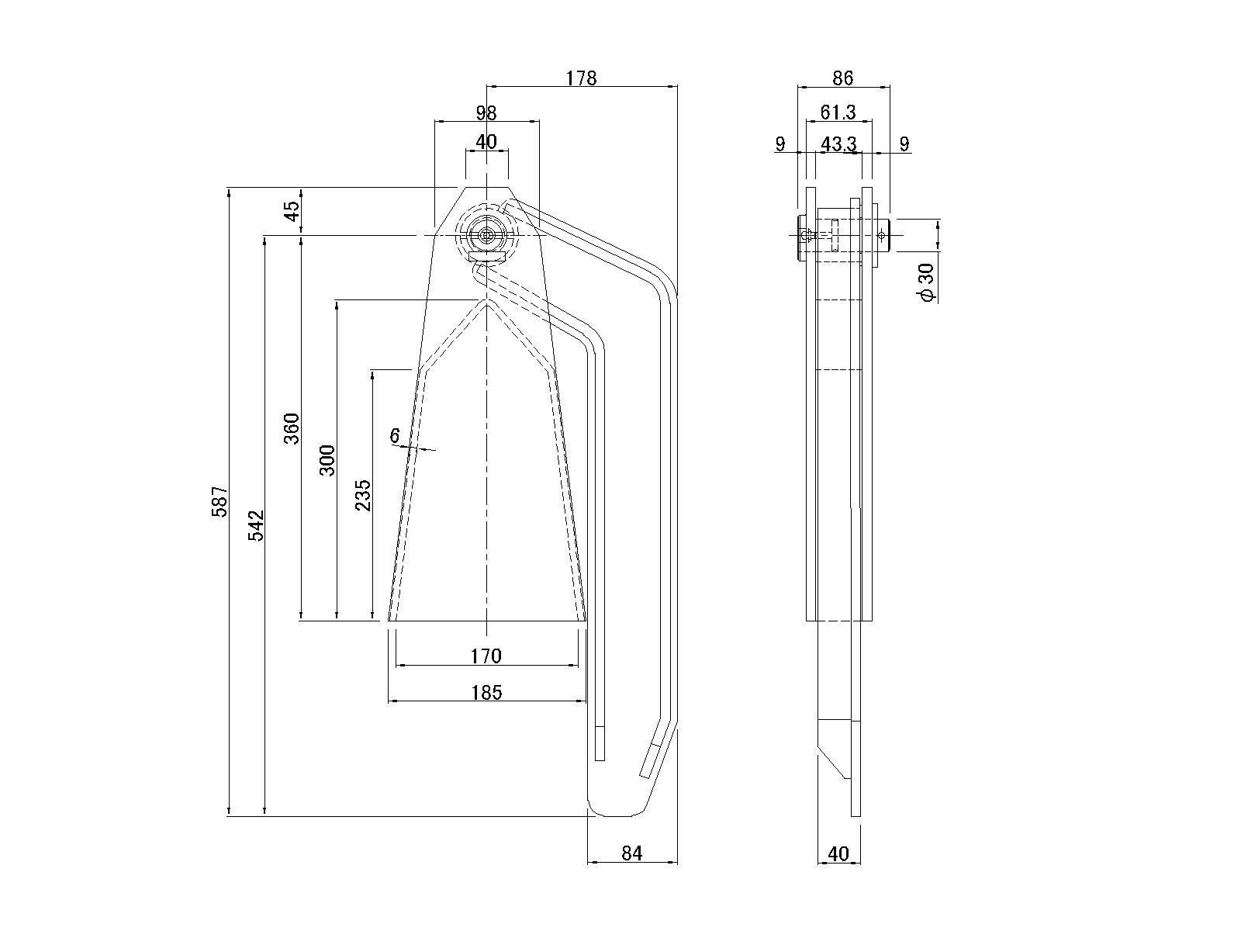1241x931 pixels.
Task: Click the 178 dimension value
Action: click(x=581, y=78)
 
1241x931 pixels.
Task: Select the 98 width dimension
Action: click(x=486, y=113)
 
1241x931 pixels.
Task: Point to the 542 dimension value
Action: click(x=256, y=525)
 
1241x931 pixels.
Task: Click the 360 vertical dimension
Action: click(x=291, y=428)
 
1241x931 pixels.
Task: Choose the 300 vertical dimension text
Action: click(x=327, y=460)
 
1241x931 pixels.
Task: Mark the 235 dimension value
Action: click(x=362, y=496)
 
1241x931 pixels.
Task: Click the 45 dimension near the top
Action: click(x=291, y=211)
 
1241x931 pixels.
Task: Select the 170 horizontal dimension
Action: click(x=486, y=656)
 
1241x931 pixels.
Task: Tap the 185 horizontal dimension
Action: click(x=486, y=692)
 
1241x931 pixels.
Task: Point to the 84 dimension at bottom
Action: click(x=632, y=853)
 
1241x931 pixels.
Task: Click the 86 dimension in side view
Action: click(x=843, y=78)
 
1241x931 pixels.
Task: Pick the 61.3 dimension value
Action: click(x=838, y=113)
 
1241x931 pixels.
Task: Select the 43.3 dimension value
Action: click(x=838, y=144)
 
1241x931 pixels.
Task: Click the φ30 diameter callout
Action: click(x=926, y=282)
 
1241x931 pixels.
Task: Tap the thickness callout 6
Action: click(x=395, y=436)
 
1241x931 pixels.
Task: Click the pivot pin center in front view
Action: click(x=486, y=235)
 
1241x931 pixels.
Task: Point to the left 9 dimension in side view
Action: click(x=780, y=144)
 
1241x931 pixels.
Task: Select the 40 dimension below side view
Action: click(x=838, y=853)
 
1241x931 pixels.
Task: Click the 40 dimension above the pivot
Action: click(x=486, y=142)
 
